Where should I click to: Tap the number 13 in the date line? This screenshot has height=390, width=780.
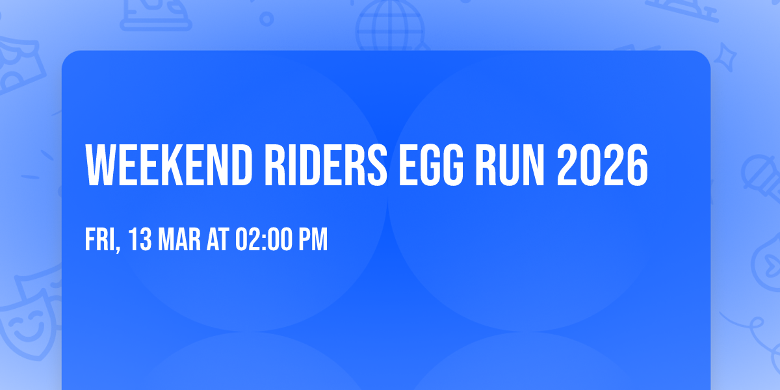(140, 240)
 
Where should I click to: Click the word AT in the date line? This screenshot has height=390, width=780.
(217, 240)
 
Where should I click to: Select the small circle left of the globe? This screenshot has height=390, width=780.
(267, 18)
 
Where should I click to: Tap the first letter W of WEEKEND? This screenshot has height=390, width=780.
(100, 165)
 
